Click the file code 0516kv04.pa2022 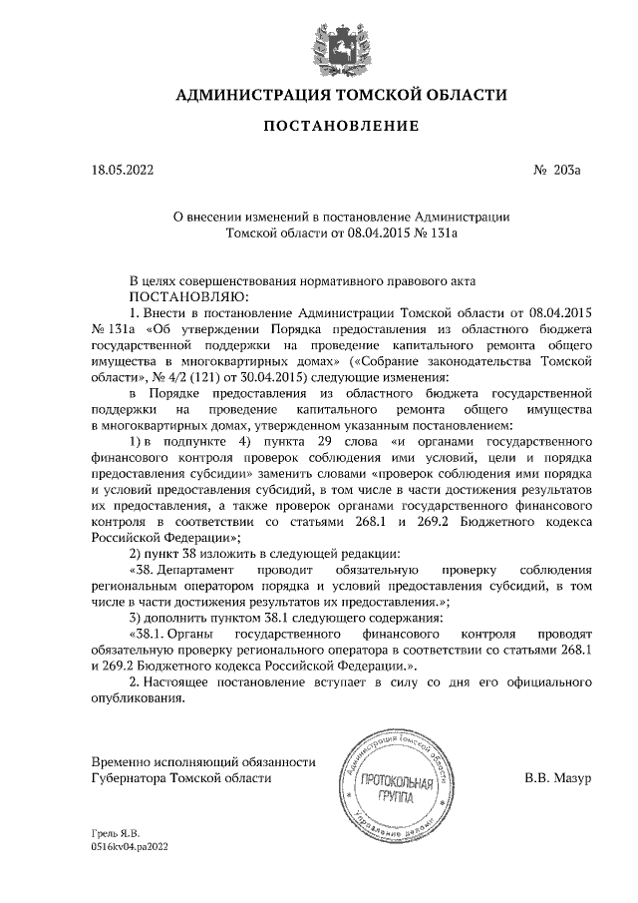[131, 844]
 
